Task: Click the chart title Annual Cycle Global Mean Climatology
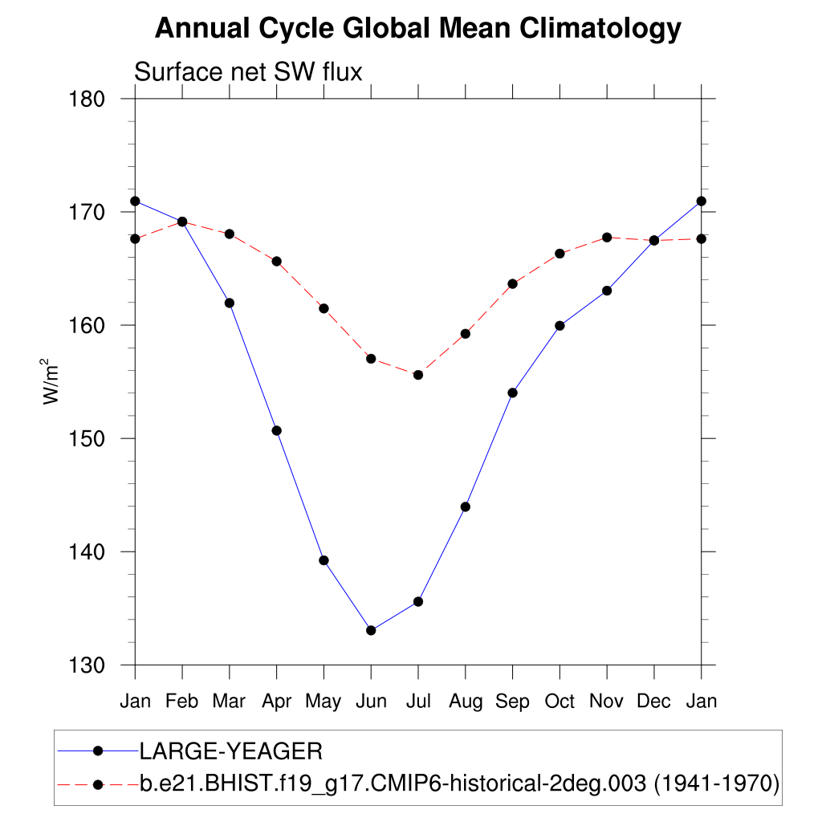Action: (x=417, y=28)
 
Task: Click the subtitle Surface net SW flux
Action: (x=248, y=72)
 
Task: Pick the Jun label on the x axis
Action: (x=370, y=702)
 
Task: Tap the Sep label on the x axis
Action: (x=512, y=702)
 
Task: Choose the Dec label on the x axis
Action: (x=653, y=702)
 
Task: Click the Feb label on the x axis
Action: (x=182, y=702)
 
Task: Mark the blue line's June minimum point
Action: (x=371, y=630)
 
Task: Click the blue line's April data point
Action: (x=277, y=430)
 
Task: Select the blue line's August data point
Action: (x=465, y=507)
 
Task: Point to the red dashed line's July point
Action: (x=418, y=375)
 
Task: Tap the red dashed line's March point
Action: (x=230, y=234)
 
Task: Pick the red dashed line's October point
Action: (x=560, y=254)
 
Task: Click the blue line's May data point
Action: (x=324, y=560)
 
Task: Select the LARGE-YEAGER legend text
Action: (x=231, y=751)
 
